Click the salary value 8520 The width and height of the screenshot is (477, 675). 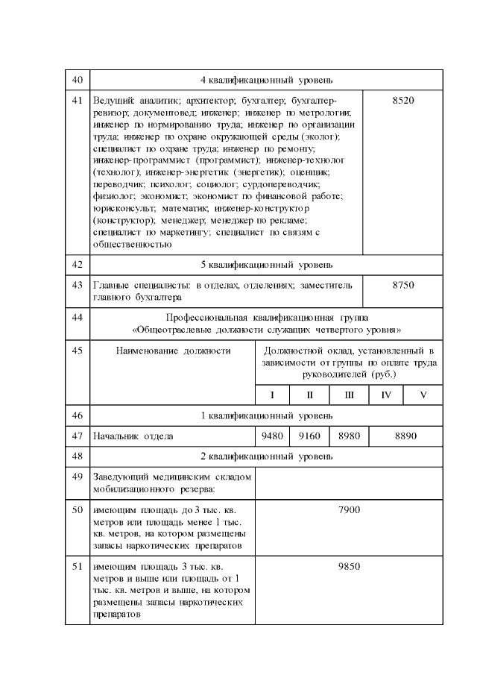[x=402, y=100]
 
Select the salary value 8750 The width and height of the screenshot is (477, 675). [x=402, y=285]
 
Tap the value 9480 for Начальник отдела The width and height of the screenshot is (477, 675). [x=270, y=436]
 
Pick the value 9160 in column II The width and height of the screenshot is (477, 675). [x=309, y=436]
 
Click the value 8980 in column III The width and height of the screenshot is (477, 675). [x=349, y=436]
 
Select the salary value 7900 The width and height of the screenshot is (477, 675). [x=349, y=509]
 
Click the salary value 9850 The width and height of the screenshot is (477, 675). [x=349, y=566]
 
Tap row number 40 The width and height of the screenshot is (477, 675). [x=77, y=80]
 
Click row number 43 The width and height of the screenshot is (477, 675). [x=77, y=285]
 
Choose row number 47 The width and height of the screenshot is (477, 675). [x=77, y=436]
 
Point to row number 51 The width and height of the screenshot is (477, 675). [x=77, y=566]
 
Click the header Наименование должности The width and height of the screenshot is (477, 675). [x=173, y=350]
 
